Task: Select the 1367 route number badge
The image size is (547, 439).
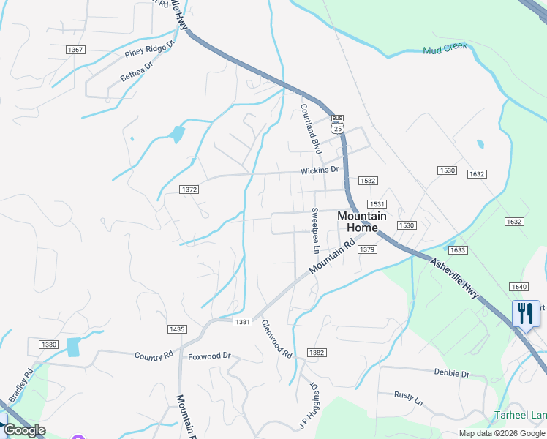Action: click(x=75, y=50)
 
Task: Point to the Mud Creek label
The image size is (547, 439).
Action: click(x=445, y=50)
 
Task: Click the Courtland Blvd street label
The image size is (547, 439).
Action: click(x=311, y=128)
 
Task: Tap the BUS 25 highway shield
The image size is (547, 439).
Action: click(x=336, y=124)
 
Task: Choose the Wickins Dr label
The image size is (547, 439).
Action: click(x=320, y=170)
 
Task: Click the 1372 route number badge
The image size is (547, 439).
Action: click(x=189, y=190)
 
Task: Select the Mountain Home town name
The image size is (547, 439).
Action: click(x=362, y=222)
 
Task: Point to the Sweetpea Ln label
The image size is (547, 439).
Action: click(x=314, y=227)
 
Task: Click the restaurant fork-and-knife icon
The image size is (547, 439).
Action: click(x=526, y=314)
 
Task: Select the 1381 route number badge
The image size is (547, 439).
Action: click(x=243, y=322)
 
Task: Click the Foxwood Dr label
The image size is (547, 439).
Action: click(x=209, y=356)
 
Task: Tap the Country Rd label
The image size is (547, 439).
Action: click(x=154, y=355)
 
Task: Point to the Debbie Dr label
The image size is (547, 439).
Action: click(x=451, y=373)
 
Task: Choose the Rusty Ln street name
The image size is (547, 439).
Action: click(x=408, y=400)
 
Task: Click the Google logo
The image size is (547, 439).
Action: click(x=24, y=431)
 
